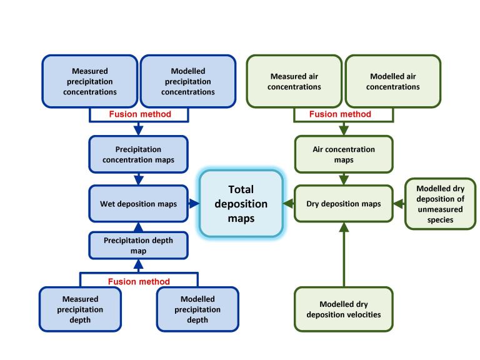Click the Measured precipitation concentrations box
pos(90,81)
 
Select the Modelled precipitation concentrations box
pos(187,81)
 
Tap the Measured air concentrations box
pos(294,81)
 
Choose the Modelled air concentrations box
pos(393,81)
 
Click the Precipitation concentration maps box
pos(139,154)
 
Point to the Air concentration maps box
pos(344,154)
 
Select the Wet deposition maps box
pos(139,203)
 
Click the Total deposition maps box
pos(240,203)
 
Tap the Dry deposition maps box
pos(344,203)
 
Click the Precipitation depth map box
pos(139,246)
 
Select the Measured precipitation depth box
pos(80,309)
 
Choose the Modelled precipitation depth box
pos(197,309)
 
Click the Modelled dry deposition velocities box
pos(344,309)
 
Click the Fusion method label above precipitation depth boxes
pos(139,281)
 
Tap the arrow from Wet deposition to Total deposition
pos(193,203)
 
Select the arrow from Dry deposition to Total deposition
pos(288,203)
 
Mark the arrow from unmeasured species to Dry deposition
pos(399,203)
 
